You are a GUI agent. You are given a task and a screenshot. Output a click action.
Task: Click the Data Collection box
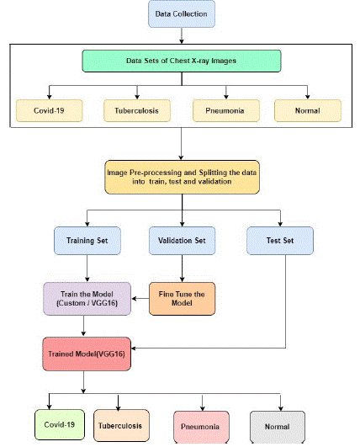click(x=182, y=14)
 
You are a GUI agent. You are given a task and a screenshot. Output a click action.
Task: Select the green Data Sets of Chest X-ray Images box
click(x=182, y=61)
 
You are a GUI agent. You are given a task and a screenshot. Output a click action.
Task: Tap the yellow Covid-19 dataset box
click(x=50, y=110)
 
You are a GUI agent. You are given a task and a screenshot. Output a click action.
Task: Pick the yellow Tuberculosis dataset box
click(x=137, y=110)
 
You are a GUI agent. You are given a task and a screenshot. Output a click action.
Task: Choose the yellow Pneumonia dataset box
click(x=226, y=110)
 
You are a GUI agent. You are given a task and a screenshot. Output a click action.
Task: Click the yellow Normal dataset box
click(x=308, y=110)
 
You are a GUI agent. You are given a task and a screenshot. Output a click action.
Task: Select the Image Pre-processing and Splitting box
click(x=182, y=177)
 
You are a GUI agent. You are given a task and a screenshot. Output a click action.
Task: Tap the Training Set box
click(x=87, y=241)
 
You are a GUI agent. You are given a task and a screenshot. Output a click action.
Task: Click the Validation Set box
click(x=182, y=241)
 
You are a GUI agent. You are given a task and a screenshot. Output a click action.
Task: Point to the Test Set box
click(x=280, y=241)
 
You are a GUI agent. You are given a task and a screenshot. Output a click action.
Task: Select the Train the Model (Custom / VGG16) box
click(x=87, y=299)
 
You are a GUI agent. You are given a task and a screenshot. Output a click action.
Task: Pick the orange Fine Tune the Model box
click(x=182, y=299)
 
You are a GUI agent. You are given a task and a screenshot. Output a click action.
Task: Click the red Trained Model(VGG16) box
click(x=87, y=354)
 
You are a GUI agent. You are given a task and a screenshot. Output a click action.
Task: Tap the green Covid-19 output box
click(x=60, y=425)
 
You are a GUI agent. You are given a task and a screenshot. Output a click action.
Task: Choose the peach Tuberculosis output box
click(x=121, y=426)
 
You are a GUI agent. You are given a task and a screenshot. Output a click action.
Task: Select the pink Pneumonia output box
click(x=201, y=427)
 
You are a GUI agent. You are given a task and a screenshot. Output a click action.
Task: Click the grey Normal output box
click(x=278, y=427)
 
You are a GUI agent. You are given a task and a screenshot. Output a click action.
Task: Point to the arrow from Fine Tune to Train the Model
click(x=140, y=299)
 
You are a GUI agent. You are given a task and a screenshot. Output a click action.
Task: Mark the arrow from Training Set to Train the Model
click(x=87, y=269)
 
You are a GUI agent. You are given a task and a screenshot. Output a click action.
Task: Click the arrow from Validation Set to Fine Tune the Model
click(x=182, y=269)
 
